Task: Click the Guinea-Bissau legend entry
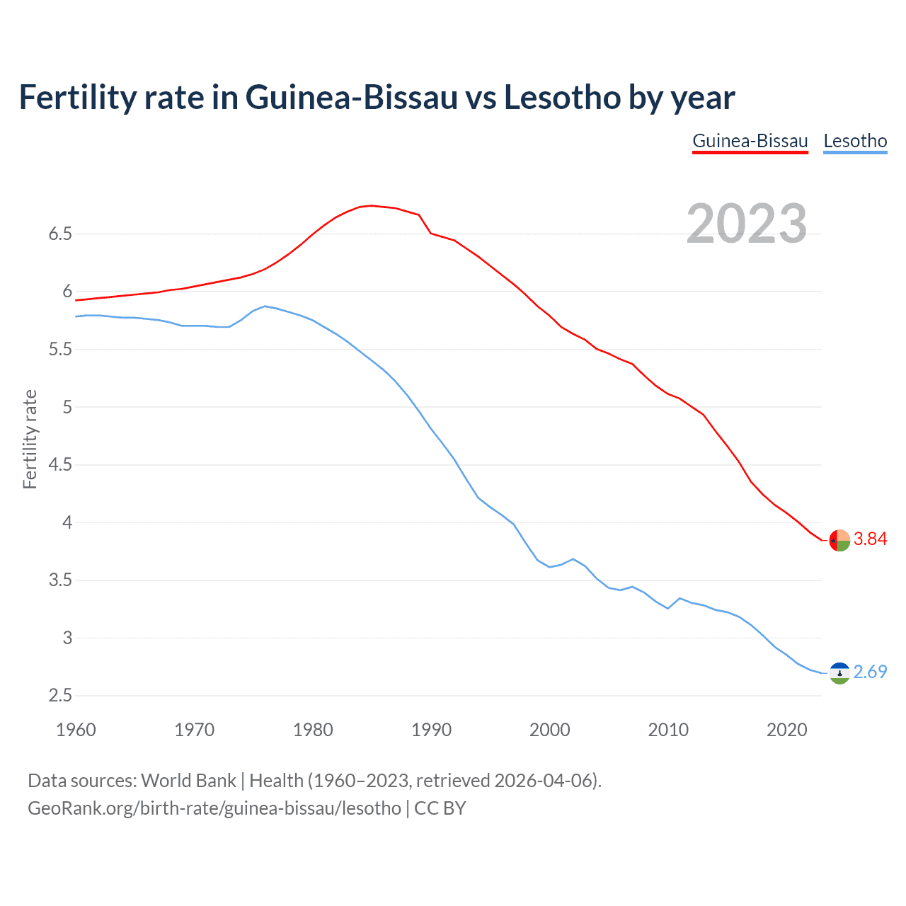750,141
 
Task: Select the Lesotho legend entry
855,141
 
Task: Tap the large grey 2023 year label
747,224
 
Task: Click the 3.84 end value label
870,539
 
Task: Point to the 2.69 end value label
870,672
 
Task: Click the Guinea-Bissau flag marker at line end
839,540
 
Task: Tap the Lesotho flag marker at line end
839,673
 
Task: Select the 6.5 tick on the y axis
61,234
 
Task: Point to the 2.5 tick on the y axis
61,696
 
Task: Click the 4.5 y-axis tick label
61,465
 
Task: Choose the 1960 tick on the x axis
76,730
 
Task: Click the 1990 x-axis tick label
431,730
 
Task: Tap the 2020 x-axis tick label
786,730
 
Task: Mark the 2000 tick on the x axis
550,730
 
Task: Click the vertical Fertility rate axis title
30,439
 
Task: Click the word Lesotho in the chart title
562,98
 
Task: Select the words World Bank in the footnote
188,781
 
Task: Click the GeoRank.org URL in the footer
214,808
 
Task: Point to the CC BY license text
440,808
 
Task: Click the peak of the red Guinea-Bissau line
372,206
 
